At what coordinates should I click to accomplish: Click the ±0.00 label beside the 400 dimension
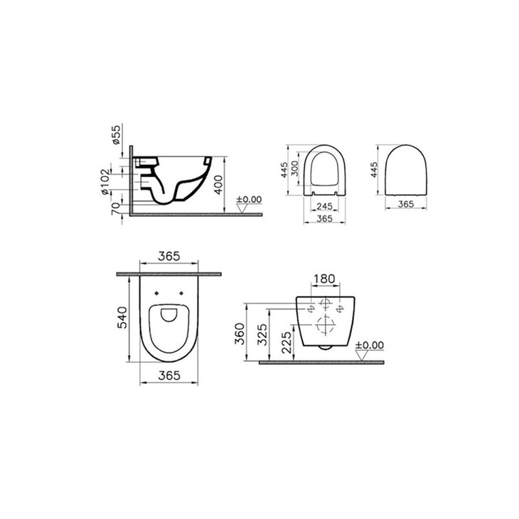[x=249, y=200]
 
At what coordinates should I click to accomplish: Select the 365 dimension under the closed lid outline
[x=405, y=204]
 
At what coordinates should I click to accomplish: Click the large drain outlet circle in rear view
[x=326, y=327]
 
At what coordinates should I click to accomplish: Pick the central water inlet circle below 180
[x=326, y=304]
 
